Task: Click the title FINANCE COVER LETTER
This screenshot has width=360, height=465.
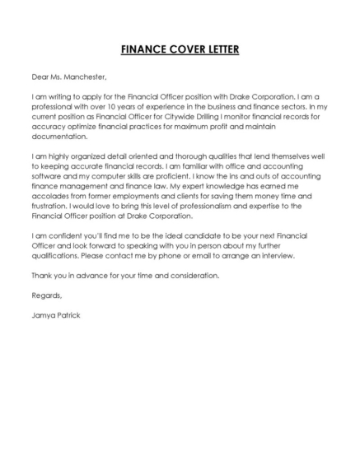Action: point(180,49)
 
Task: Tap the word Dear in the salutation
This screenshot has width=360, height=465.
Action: point(40,77)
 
